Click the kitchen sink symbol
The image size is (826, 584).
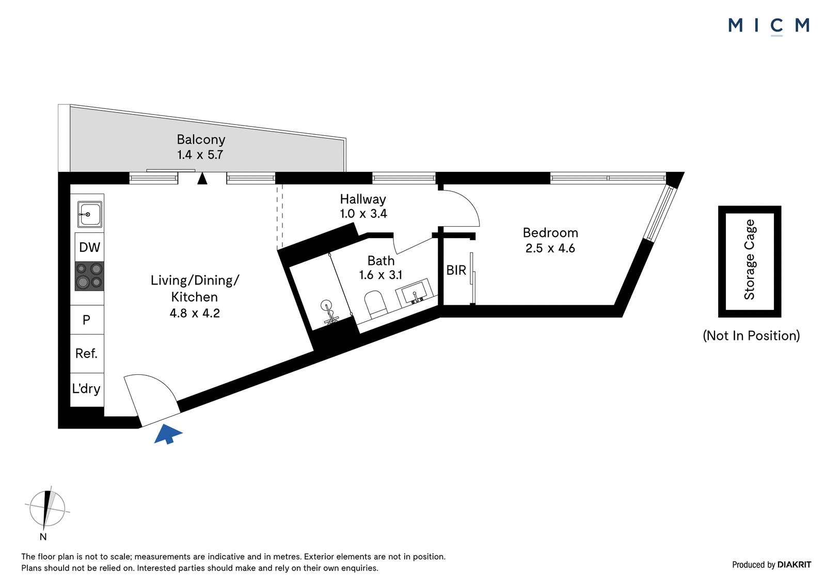pyautogui.click(x=90, y=214)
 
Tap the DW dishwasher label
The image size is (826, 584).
pyautogui.click(x=90, y=247)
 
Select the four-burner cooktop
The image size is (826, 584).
pyautogui.click(x=89, y=276)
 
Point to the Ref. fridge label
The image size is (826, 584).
pyautogui.click(x=86, y=353)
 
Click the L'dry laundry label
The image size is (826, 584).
pyautogui.click(x=86, y=388)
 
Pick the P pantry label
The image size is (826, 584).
pyautogui.click(x=86, y=320)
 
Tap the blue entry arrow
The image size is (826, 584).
pyautogui.click(x=168, y=433)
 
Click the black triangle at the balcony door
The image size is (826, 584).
pyautogui.click(x=202, y=179)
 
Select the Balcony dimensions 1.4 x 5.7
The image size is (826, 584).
pyautogui.click(x=200, y=154)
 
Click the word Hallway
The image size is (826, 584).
pyautogui.click(x=363, y=199)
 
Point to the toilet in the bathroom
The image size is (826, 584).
pyautogui.click(x=376, y=305)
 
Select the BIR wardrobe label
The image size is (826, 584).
pyautogui.click(x=456, y=271)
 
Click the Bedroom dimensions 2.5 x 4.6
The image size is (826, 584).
pyautogui.click(x=550, y=248)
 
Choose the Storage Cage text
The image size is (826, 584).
pyautogui.click(x=750, y=259)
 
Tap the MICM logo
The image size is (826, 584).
pyautogui.click(x=769, y=26)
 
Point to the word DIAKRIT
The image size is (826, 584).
pyautogui.click(x=794, y=564)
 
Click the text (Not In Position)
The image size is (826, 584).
pyautogui.click(x=751, y=336)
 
